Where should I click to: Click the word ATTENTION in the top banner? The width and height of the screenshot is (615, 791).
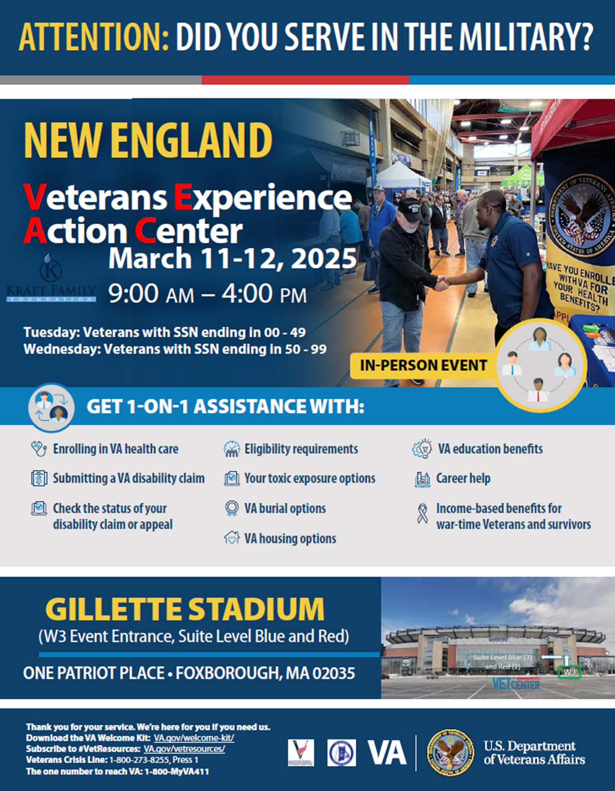point(93,37)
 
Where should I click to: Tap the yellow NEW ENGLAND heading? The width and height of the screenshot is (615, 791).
point(148,141)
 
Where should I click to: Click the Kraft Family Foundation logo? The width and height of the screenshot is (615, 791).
point(51,279)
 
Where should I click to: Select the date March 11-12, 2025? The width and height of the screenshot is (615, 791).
point(232,259)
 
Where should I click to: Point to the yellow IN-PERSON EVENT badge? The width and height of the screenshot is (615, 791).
point(423,366)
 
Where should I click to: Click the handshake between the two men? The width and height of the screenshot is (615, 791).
point(441,282)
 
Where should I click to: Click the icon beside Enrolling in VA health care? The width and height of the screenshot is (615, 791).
point(39,449)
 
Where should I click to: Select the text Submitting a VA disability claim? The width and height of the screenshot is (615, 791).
point(129,479)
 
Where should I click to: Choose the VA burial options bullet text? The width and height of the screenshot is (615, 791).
point(285,509)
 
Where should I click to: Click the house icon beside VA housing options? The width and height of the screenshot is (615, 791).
point(232,538)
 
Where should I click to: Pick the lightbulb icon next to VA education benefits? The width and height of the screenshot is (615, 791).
point(422,449)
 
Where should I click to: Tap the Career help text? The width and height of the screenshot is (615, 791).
point(463,479)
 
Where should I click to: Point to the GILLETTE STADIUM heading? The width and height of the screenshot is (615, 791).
point(185,609)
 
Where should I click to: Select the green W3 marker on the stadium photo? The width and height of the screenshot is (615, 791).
point(569,672)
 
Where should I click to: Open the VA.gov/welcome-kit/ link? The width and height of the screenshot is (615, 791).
point(194,738)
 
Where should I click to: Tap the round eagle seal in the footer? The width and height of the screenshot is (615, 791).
point(450,752)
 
